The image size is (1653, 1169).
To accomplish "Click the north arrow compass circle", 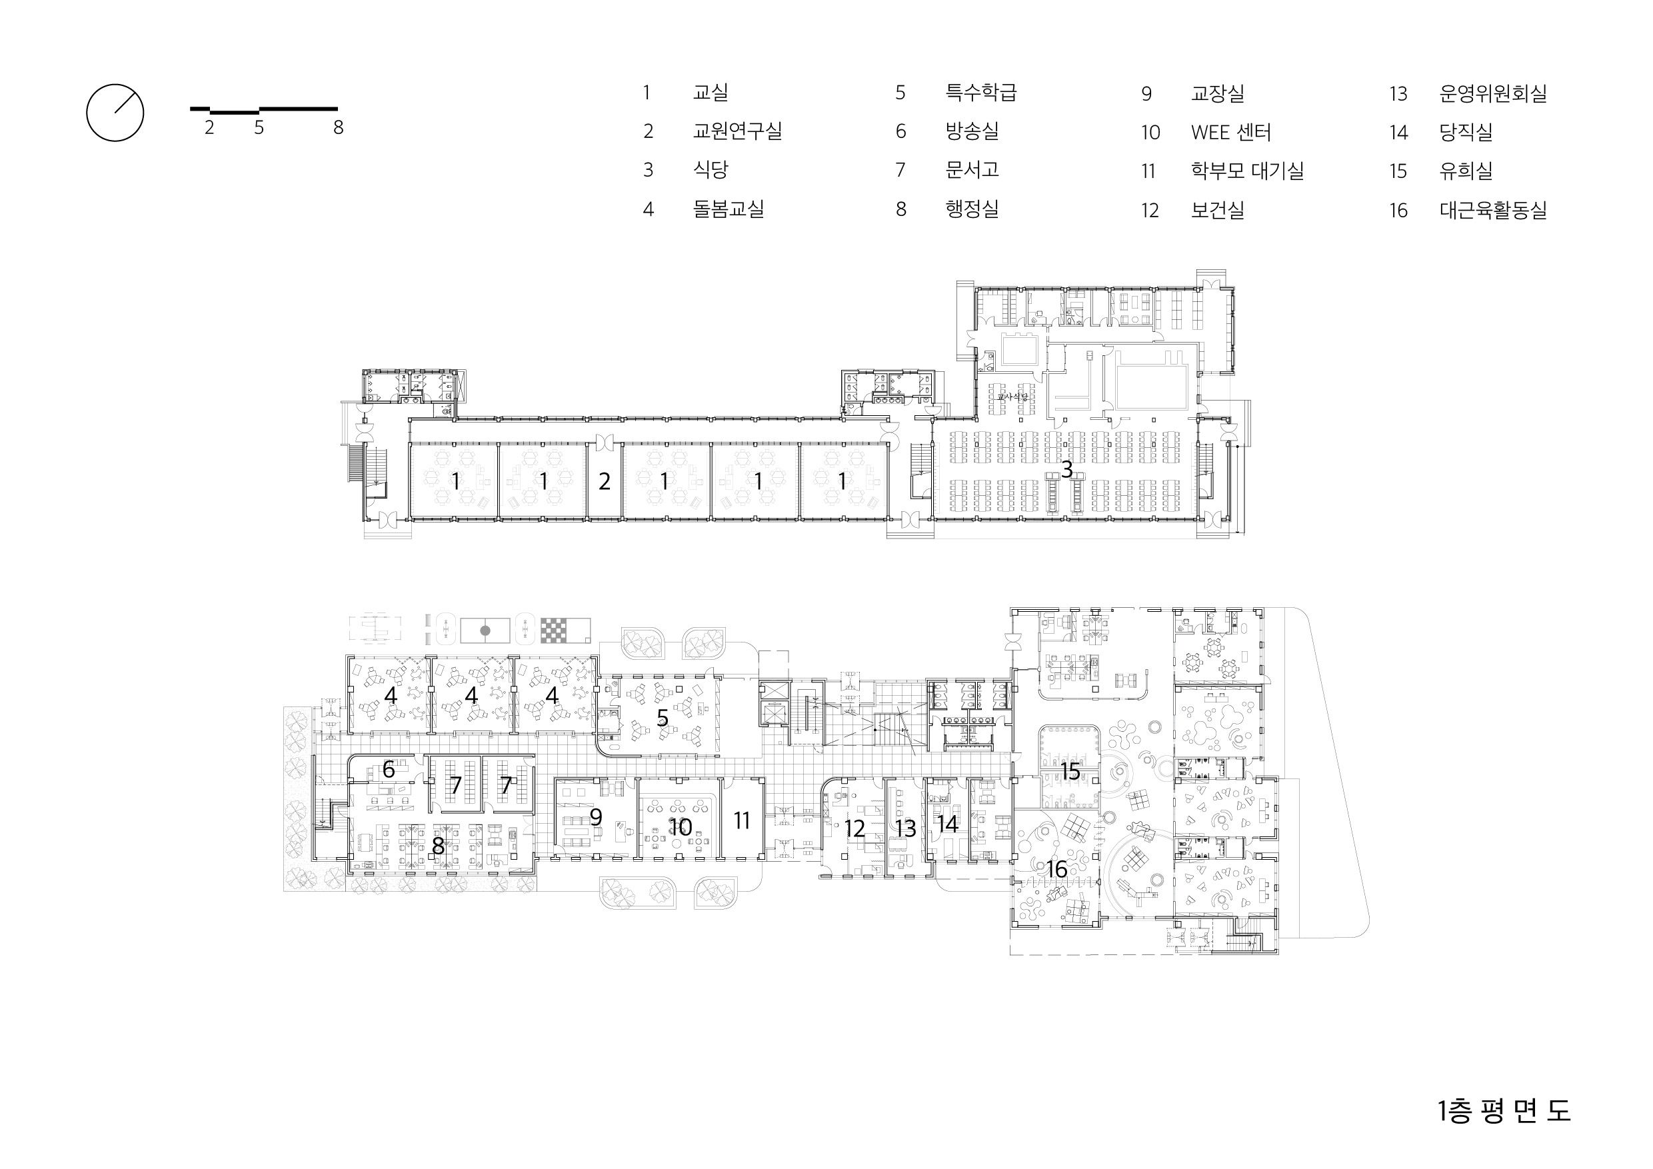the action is point(115,85).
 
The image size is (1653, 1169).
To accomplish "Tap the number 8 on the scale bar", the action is point(339,128).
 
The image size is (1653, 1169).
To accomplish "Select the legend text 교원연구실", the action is point(737,131).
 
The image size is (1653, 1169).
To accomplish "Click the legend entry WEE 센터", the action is point(1231,133).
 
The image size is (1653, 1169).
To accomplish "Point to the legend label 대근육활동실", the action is point(1492,210).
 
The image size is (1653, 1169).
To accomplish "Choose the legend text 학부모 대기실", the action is point(1248,171).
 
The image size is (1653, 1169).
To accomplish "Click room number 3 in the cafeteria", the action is point(1067,469).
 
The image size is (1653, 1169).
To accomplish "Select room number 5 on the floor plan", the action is point(663,718).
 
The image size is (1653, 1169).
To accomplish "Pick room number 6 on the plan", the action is point(389,770).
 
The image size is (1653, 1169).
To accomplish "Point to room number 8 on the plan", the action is point(438,847).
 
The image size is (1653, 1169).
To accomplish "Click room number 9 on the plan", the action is point(595,818).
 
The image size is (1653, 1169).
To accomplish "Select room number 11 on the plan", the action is point(742,820).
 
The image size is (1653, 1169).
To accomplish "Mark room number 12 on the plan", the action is point(854,828).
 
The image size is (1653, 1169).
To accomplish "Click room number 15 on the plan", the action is point(1070,771).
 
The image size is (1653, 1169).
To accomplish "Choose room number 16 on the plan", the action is point(1057,869).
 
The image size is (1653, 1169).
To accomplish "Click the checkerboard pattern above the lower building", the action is point(565,630).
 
